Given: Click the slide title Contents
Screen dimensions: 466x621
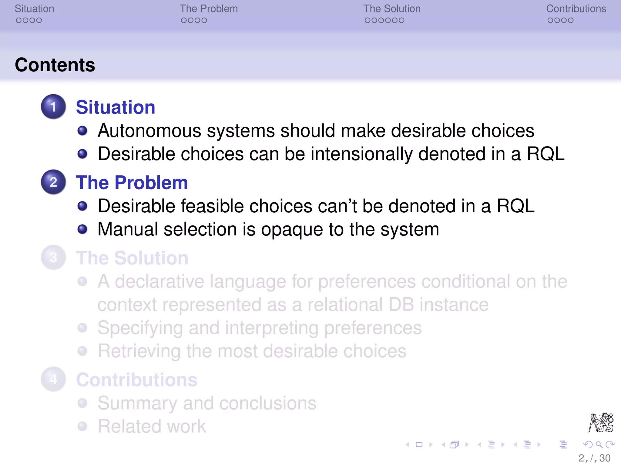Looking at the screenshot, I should tap(55, 65).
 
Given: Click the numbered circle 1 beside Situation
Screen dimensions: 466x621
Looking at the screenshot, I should tap(53, 107).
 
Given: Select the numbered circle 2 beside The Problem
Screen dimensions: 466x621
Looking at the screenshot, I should tap(53, 182).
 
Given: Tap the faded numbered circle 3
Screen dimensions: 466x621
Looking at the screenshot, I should tap(53, 258).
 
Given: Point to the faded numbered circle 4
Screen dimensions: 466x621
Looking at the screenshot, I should tap(53, 379).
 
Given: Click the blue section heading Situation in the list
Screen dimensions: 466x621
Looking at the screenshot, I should tap(115, 107).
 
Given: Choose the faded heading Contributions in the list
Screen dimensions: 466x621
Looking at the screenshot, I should tap(137, 380).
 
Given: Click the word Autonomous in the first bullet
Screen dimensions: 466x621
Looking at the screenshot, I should tap(149, 131).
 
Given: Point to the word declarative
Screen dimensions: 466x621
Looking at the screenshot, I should tap(159, 282).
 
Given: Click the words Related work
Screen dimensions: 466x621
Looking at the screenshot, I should tap(152, 426).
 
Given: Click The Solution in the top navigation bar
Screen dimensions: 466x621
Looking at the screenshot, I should tap(392, 9).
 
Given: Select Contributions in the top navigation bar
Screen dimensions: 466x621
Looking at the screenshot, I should tap(576, 9).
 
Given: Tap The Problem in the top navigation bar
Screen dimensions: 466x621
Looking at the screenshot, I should tap(209, 9).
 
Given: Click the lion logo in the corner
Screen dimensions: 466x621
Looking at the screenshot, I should tap(601, 422).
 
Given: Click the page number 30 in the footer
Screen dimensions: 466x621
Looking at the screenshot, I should tap(605, 458).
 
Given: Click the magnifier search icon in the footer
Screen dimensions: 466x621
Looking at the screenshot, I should tap(599, 445).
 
